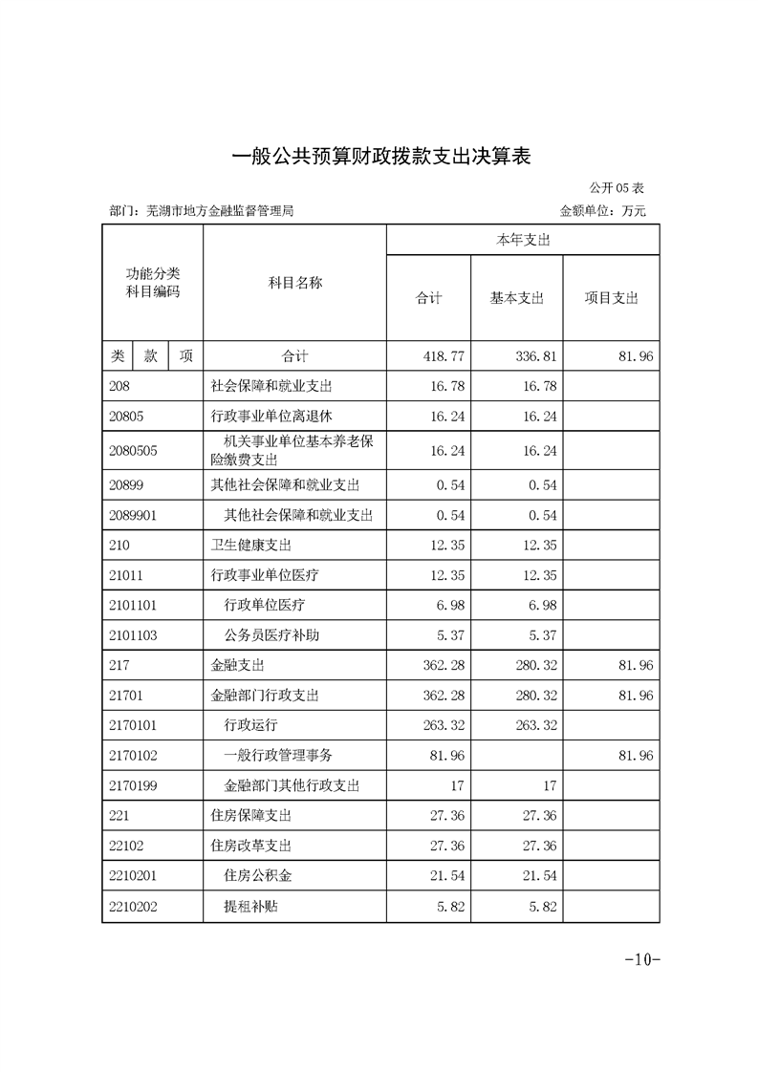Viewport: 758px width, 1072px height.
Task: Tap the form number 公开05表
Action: point(617,188)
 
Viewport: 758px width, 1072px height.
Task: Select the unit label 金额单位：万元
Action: point(603,211)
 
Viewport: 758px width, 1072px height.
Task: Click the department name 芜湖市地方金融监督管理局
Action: point(215,211)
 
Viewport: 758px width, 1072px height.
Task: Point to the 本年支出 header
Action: point(523,242)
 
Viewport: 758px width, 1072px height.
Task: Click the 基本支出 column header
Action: point(516,299)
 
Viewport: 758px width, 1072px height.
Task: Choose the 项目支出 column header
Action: point(611,299)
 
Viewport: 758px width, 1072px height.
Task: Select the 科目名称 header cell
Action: point(294,283)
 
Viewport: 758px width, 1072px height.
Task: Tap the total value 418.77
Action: point(444,356)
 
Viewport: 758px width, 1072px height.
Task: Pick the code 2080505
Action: point(133,449)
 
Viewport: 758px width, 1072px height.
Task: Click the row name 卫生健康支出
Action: point(251,546)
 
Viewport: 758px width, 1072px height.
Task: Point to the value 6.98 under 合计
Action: point(449,606)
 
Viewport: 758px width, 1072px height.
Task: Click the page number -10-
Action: point(641,959)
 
